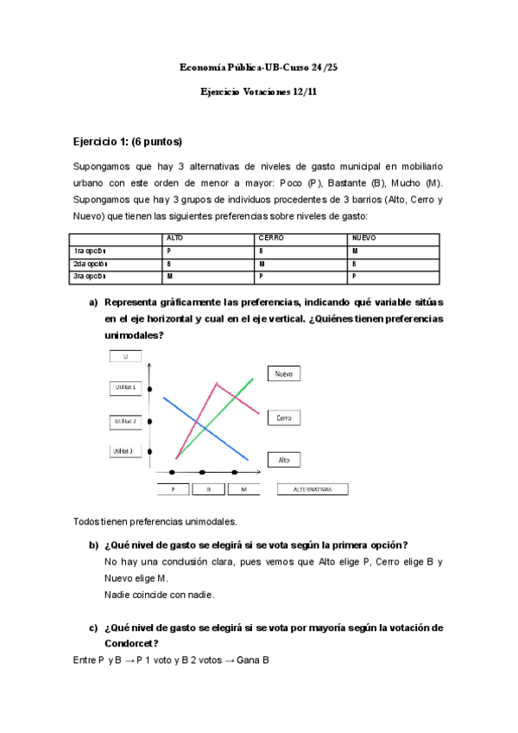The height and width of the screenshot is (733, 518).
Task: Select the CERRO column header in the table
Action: coord(271,238)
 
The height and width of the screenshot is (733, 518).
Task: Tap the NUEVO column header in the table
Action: coord(363,238)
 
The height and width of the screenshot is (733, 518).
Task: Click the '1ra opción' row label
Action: coord(90,251)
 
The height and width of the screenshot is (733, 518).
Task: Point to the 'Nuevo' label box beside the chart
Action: coord(284,374)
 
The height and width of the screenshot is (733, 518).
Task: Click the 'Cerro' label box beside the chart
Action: coord(284,418)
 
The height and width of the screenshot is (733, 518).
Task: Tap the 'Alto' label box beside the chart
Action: coord(284,461)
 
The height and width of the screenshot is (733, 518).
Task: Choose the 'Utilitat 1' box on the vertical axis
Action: coord(126,388)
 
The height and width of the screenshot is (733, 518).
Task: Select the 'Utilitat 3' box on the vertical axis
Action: coord(126,451)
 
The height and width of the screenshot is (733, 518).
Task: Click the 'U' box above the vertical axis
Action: coord(126,356)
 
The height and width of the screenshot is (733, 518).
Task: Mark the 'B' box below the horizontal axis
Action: coord(208,489)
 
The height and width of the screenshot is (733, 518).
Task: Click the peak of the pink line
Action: coord(216,383)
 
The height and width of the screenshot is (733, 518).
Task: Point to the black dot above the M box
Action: coord(235,472)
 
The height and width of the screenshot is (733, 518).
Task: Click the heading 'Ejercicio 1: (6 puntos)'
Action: coord(128,141)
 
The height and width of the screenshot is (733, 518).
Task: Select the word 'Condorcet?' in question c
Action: coord(131,642)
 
